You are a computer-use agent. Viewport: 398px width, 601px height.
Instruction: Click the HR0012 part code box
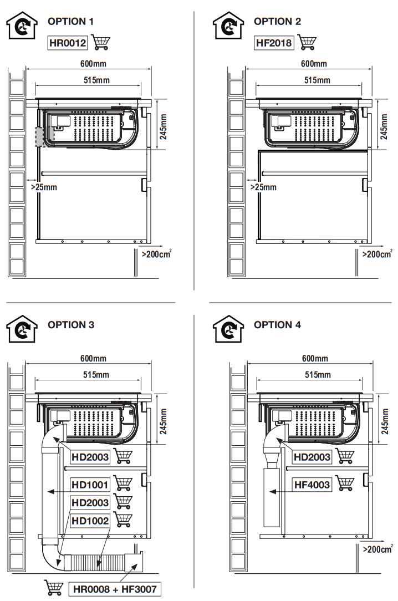click(68, 42)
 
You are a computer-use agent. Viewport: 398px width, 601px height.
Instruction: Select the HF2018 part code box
click(274, 42)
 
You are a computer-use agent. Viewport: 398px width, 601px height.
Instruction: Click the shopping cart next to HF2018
click(305, 42)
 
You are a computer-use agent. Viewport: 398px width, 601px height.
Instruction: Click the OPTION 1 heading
click(71, 22)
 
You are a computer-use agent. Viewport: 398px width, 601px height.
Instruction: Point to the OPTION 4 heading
click(277, 325)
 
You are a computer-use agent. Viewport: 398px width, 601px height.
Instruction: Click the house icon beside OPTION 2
click(228, 25)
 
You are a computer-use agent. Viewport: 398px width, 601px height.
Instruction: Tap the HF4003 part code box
click(313, 485)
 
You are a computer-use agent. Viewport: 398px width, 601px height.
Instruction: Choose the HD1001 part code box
click(90, 485)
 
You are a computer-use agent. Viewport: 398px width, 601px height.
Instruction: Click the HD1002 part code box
click(90, 521)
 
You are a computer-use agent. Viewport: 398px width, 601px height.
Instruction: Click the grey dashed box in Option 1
click(43, 136)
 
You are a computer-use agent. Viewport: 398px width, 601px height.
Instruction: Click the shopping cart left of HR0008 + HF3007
click(54, 587)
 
